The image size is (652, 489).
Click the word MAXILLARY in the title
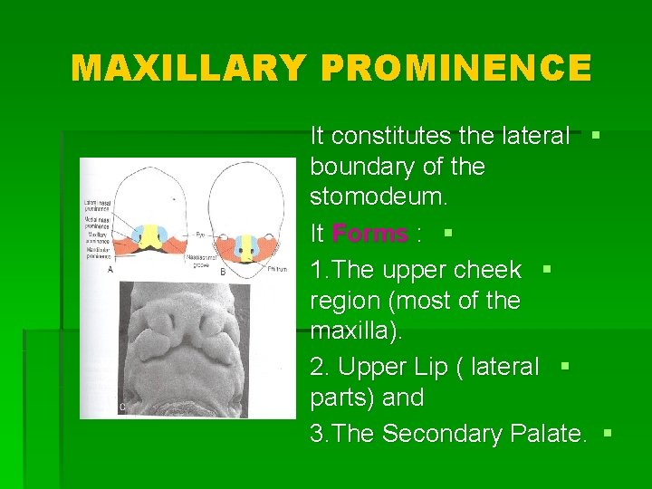(187, 69)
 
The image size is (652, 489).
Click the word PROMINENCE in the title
(454, 69)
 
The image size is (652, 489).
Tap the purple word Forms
(369, 234)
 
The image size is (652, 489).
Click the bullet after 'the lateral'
(596, 135)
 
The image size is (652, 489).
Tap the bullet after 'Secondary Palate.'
(607, 434)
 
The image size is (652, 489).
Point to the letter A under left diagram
(110, 269)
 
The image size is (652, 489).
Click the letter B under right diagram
(223, 273)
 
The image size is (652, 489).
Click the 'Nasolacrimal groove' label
(205, 262)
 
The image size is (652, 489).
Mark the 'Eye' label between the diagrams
(200, 234)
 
